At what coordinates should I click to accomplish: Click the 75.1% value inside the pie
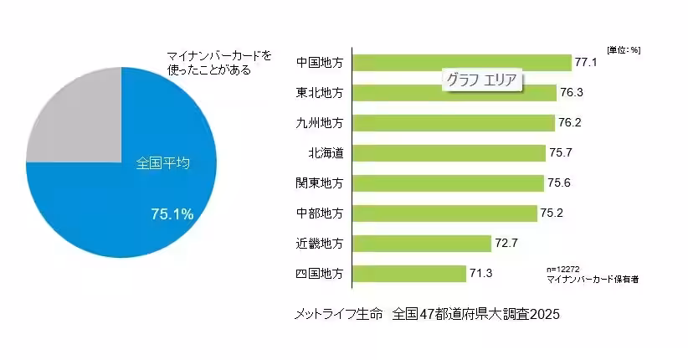coord(172,214)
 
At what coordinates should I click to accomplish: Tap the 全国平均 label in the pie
coord(162,163)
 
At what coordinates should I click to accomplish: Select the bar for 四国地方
coord(409,274)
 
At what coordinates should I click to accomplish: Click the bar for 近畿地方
coord(422,244)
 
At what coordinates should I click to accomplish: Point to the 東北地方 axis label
coord(320,93)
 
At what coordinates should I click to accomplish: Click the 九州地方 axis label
coord(320,123)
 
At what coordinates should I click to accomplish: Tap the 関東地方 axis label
coord(320,183)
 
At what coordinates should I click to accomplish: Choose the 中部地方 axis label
coord(320,213)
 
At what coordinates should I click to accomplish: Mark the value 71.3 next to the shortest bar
coord(480,274)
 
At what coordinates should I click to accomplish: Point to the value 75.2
coord(552,213)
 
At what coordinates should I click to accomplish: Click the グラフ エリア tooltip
coord(481,81)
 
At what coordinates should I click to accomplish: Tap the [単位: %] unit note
coord(624,49)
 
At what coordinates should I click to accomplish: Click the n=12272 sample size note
coord(563,269)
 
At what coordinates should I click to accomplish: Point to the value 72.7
coord(506,244)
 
